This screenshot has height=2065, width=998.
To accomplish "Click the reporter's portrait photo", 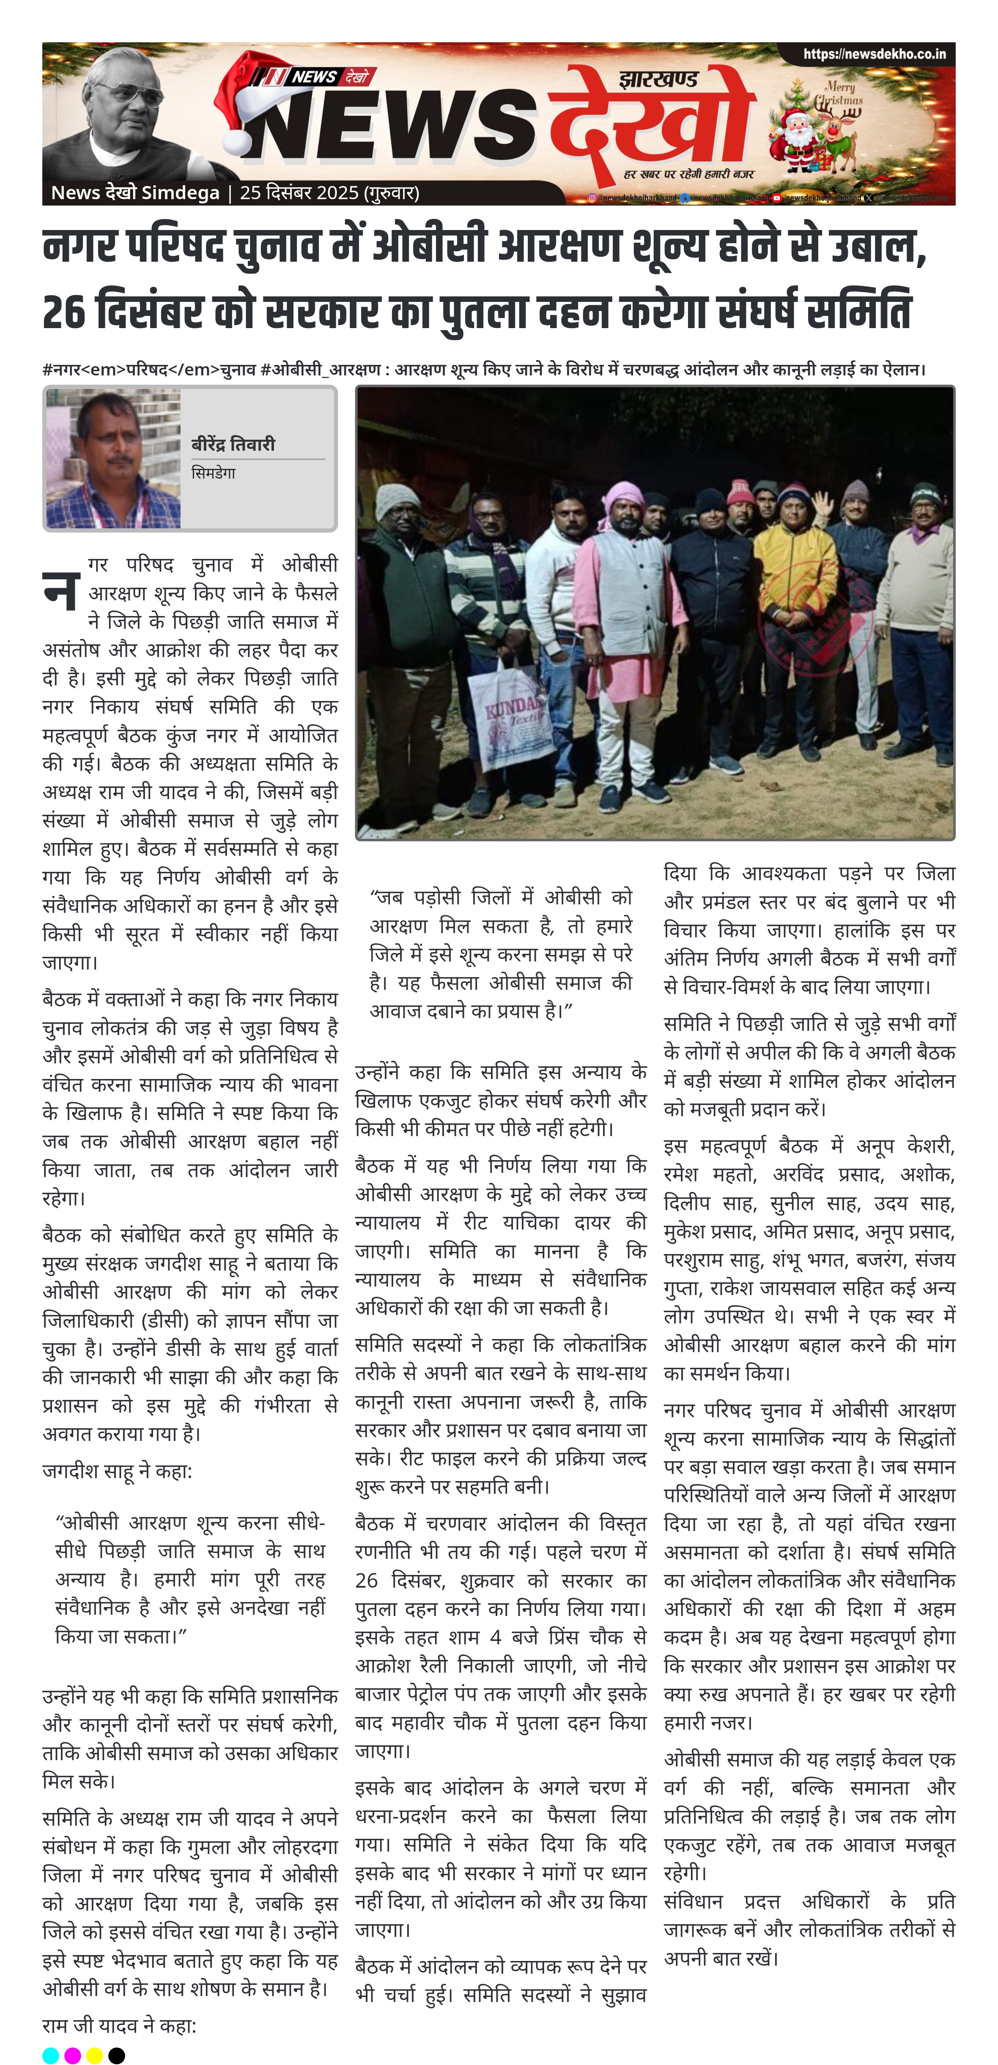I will point(113,458).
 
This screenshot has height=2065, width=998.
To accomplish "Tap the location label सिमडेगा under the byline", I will point(213,473).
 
